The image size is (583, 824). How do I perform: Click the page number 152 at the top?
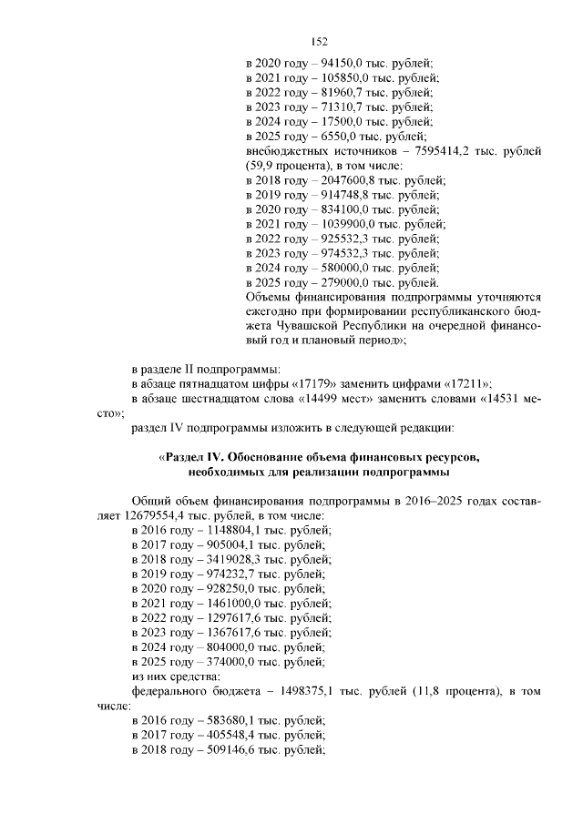point(319,41)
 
